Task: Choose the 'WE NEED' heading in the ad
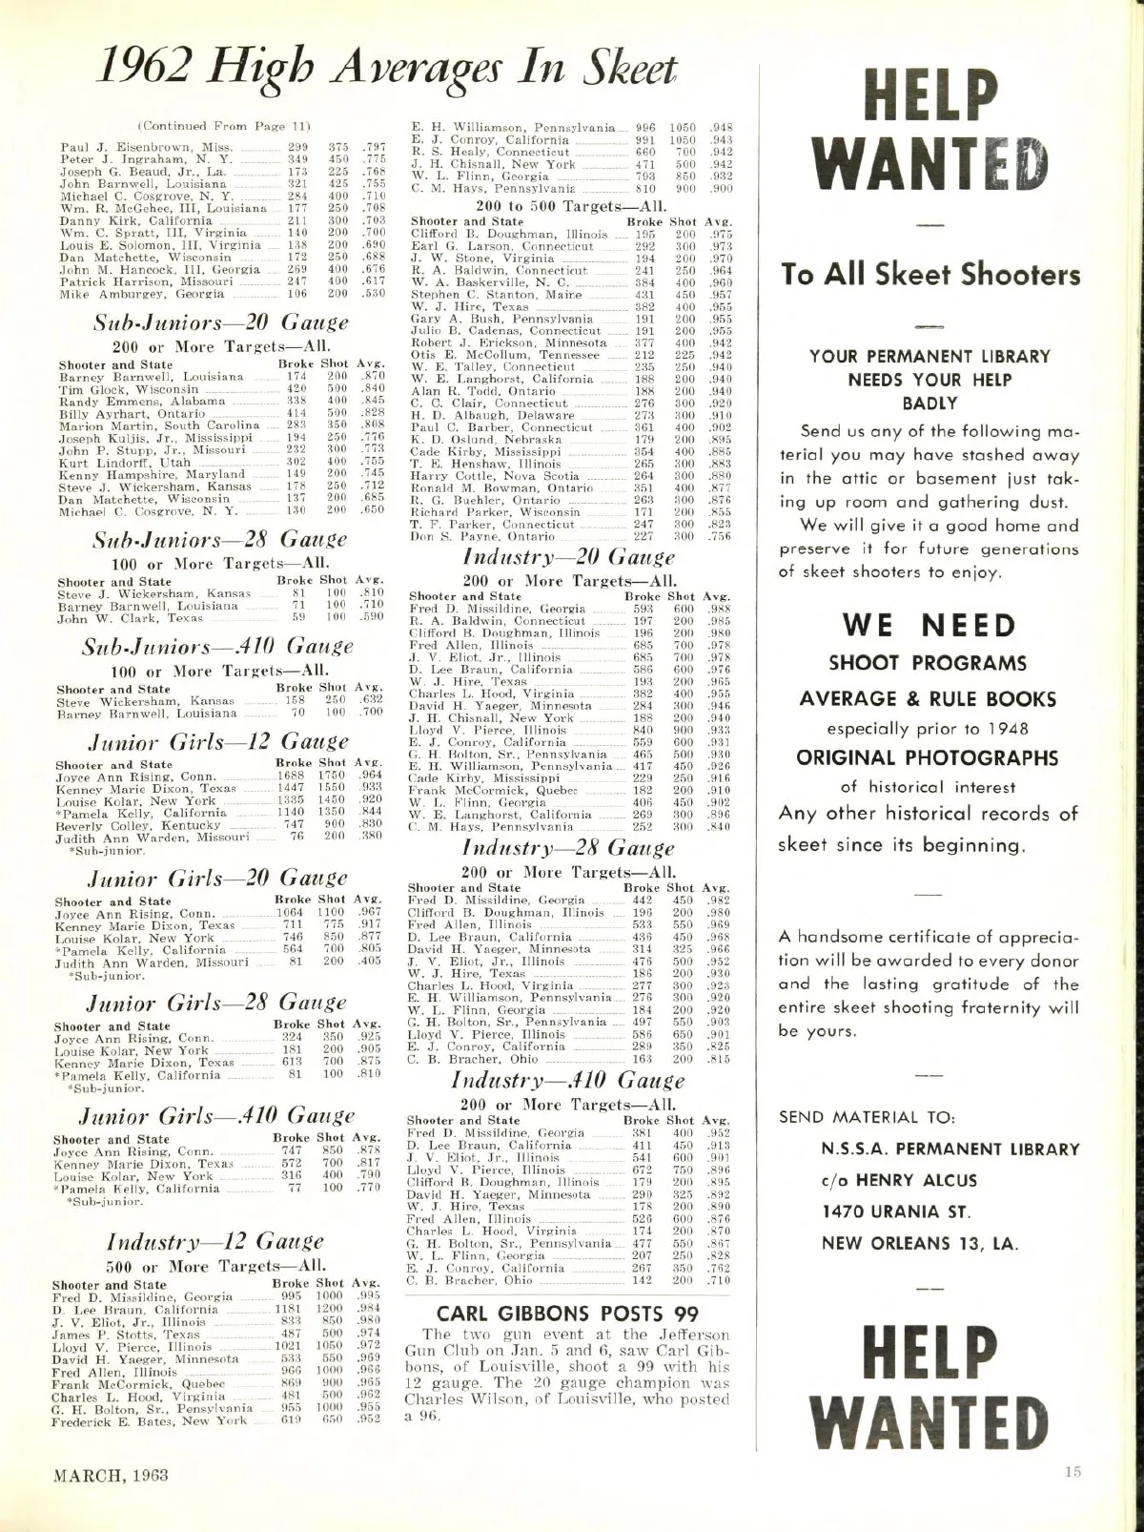929,626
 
